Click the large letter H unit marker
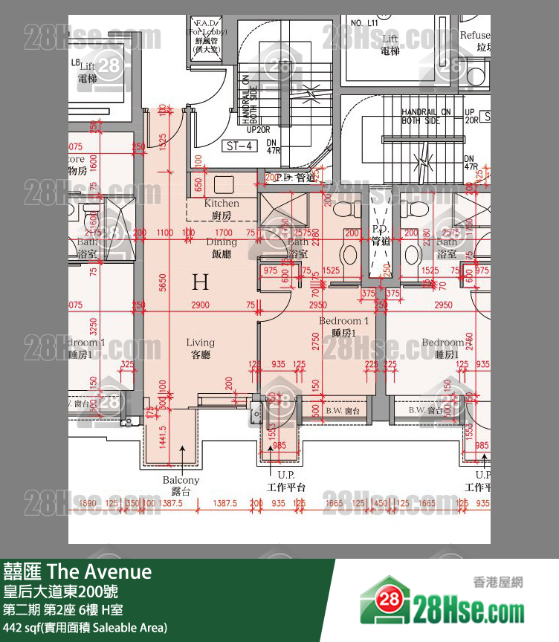pyautogui.click(x=200, y=282)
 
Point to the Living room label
pyautogui.click(x=200, y=348)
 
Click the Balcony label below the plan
pyautogui.click(x=181, y=485)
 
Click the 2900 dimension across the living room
pyautogui.click(x=200, y=305)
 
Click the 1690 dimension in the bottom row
pyautogui.click(x=87, y=504)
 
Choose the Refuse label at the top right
pyautogui.click(x=475, y=36)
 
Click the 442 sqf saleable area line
pyautogui.click(x=85, y=628)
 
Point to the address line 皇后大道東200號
pyautogui.click(x=60, y=592)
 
